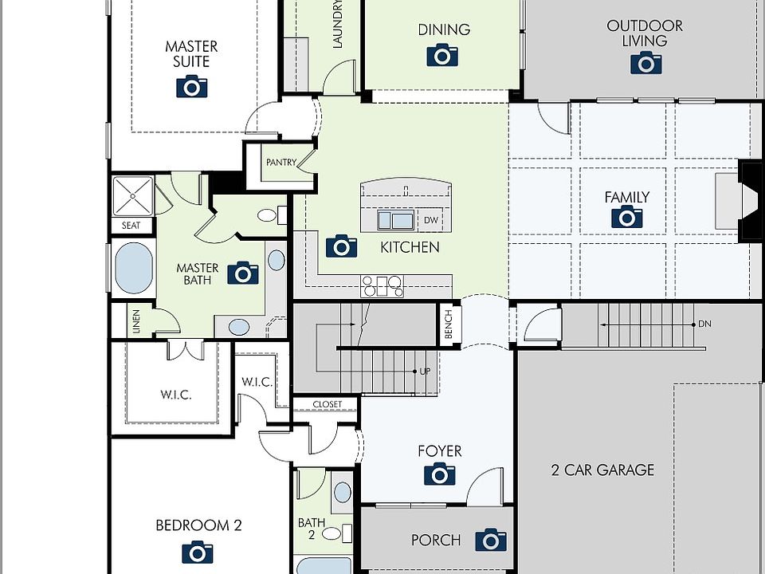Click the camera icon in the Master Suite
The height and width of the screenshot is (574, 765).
[192, 86]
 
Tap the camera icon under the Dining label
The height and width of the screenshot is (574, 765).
[442, 55]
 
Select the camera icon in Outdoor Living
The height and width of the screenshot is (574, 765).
[646, 63]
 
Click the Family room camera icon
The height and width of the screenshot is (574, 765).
[627, 217]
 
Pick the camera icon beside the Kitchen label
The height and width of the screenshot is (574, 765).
[342, 246]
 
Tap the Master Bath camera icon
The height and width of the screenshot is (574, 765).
[243, 273]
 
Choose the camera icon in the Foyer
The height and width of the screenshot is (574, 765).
[440, 474]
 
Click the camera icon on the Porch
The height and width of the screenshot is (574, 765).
[491, 540]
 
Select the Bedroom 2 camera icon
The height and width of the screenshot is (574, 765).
[198, 552]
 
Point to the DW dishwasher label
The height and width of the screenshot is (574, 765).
[431, 220]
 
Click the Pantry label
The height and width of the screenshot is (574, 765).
[281, 162]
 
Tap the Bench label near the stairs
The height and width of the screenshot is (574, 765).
[449, 324]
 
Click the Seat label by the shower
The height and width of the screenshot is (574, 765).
[131, 226]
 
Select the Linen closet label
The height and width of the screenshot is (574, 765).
[136, 321]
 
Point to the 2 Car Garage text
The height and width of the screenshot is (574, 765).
[602, 470]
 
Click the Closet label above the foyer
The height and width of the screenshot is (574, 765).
[328, 404]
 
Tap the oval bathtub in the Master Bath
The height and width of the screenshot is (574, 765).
[134, 268]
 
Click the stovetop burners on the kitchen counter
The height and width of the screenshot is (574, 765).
[382, 286]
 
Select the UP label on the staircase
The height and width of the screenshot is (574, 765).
[425, 372]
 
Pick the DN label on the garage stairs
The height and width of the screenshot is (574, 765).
[704, 324]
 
